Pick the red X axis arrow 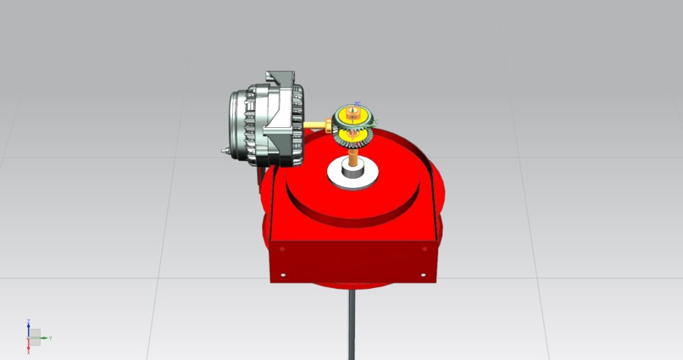coord(29,347)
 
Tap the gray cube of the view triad coord(35,337)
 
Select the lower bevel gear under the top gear coord(353,135)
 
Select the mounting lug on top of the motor coord(279,78)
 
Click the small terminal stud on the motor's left coord(224,151)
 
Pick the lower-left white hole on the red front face coord(285,274)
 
